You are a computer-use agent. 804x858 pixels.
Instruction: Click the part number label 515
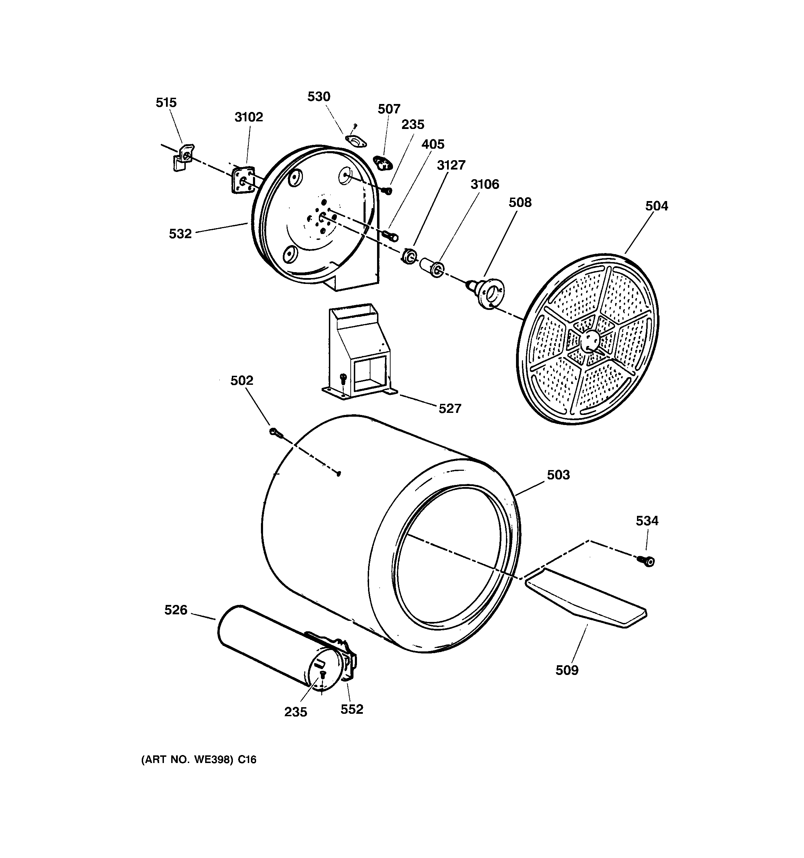pyautogui.click(x=166, y=103)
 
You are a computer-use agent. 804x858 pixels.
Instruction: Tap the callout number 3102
pyautogui.click(x=248, y=117)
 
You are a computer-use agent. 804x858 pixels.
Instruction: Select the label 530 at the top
pyautogui.click(x=318, y=97)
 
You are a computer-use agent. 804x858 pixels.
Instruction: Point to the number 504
pyautogui.click(x=656, y=206)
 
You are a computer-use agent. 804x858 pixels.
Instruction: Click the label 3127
pyautogui.click(x=451, y=165)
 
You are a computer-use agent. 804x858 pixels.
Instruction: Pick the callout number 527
pyautogui.click(x=450, y=408)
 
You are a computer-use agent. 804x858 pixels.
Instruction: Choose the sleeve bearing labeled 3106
pyautogui.click(x=433, y=268)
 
